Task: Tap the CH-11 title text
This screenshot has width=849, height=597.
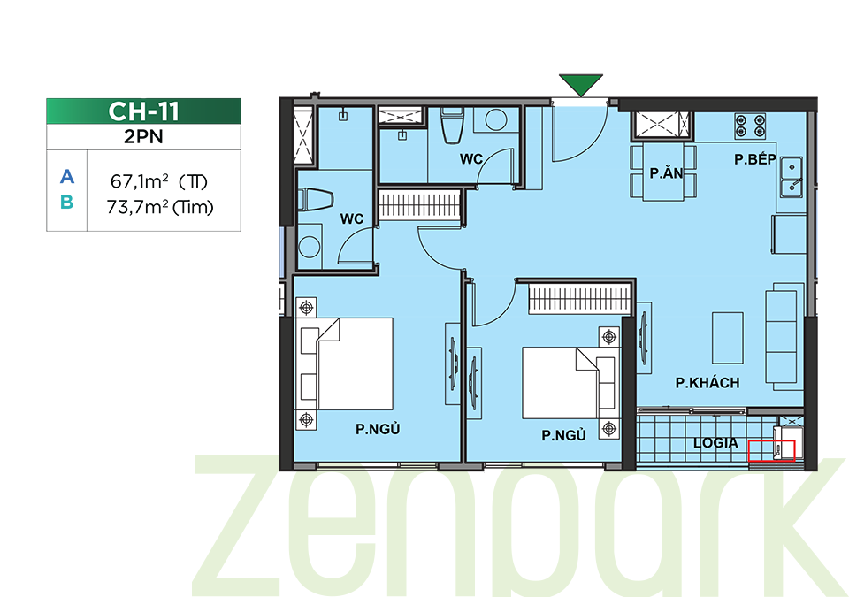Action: click(143, 111)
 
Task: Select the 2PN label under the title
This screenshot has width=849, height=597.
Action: click(143, 136)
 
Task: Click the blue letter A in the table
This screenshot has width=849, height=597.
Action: click(66, 177)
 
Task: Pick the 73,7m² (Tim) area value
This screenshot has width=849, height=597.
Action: click(160, 207)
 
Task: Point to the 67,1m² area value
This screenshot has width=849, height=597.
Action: click(140, 181)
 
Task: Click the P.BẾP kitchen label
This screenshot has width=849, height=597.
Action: click(754, 158)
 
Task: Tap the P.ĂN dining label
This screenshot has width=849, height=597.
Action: click(666, 172)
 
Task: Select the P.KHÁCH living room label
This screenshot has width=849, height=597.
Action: click(707, 383)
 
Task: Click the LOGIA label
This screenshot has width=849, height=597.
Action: click(715, 443)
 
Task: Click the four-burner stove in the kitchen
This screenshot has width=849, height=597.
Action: click(750, 126)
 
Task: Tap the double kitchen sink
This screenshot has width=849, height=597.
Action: click(791, 177)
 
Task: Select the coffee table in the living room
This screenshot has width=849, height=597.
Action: click(727, 338)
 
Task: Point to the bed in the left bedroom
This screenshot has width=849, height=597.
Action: click(344, 364)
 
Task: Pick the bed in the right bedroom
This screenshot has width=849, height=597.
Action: click(569, 383)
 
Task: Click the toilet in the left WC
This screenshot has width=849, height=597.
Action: click(315, 199)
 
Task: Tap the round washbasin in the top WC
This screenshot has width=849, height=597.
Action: click(496, 120)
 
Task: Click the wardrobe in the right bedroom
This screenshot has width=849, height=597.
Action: click(579, 298)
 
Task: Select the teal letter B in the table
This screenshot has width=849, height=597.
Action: click(66, 202)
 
